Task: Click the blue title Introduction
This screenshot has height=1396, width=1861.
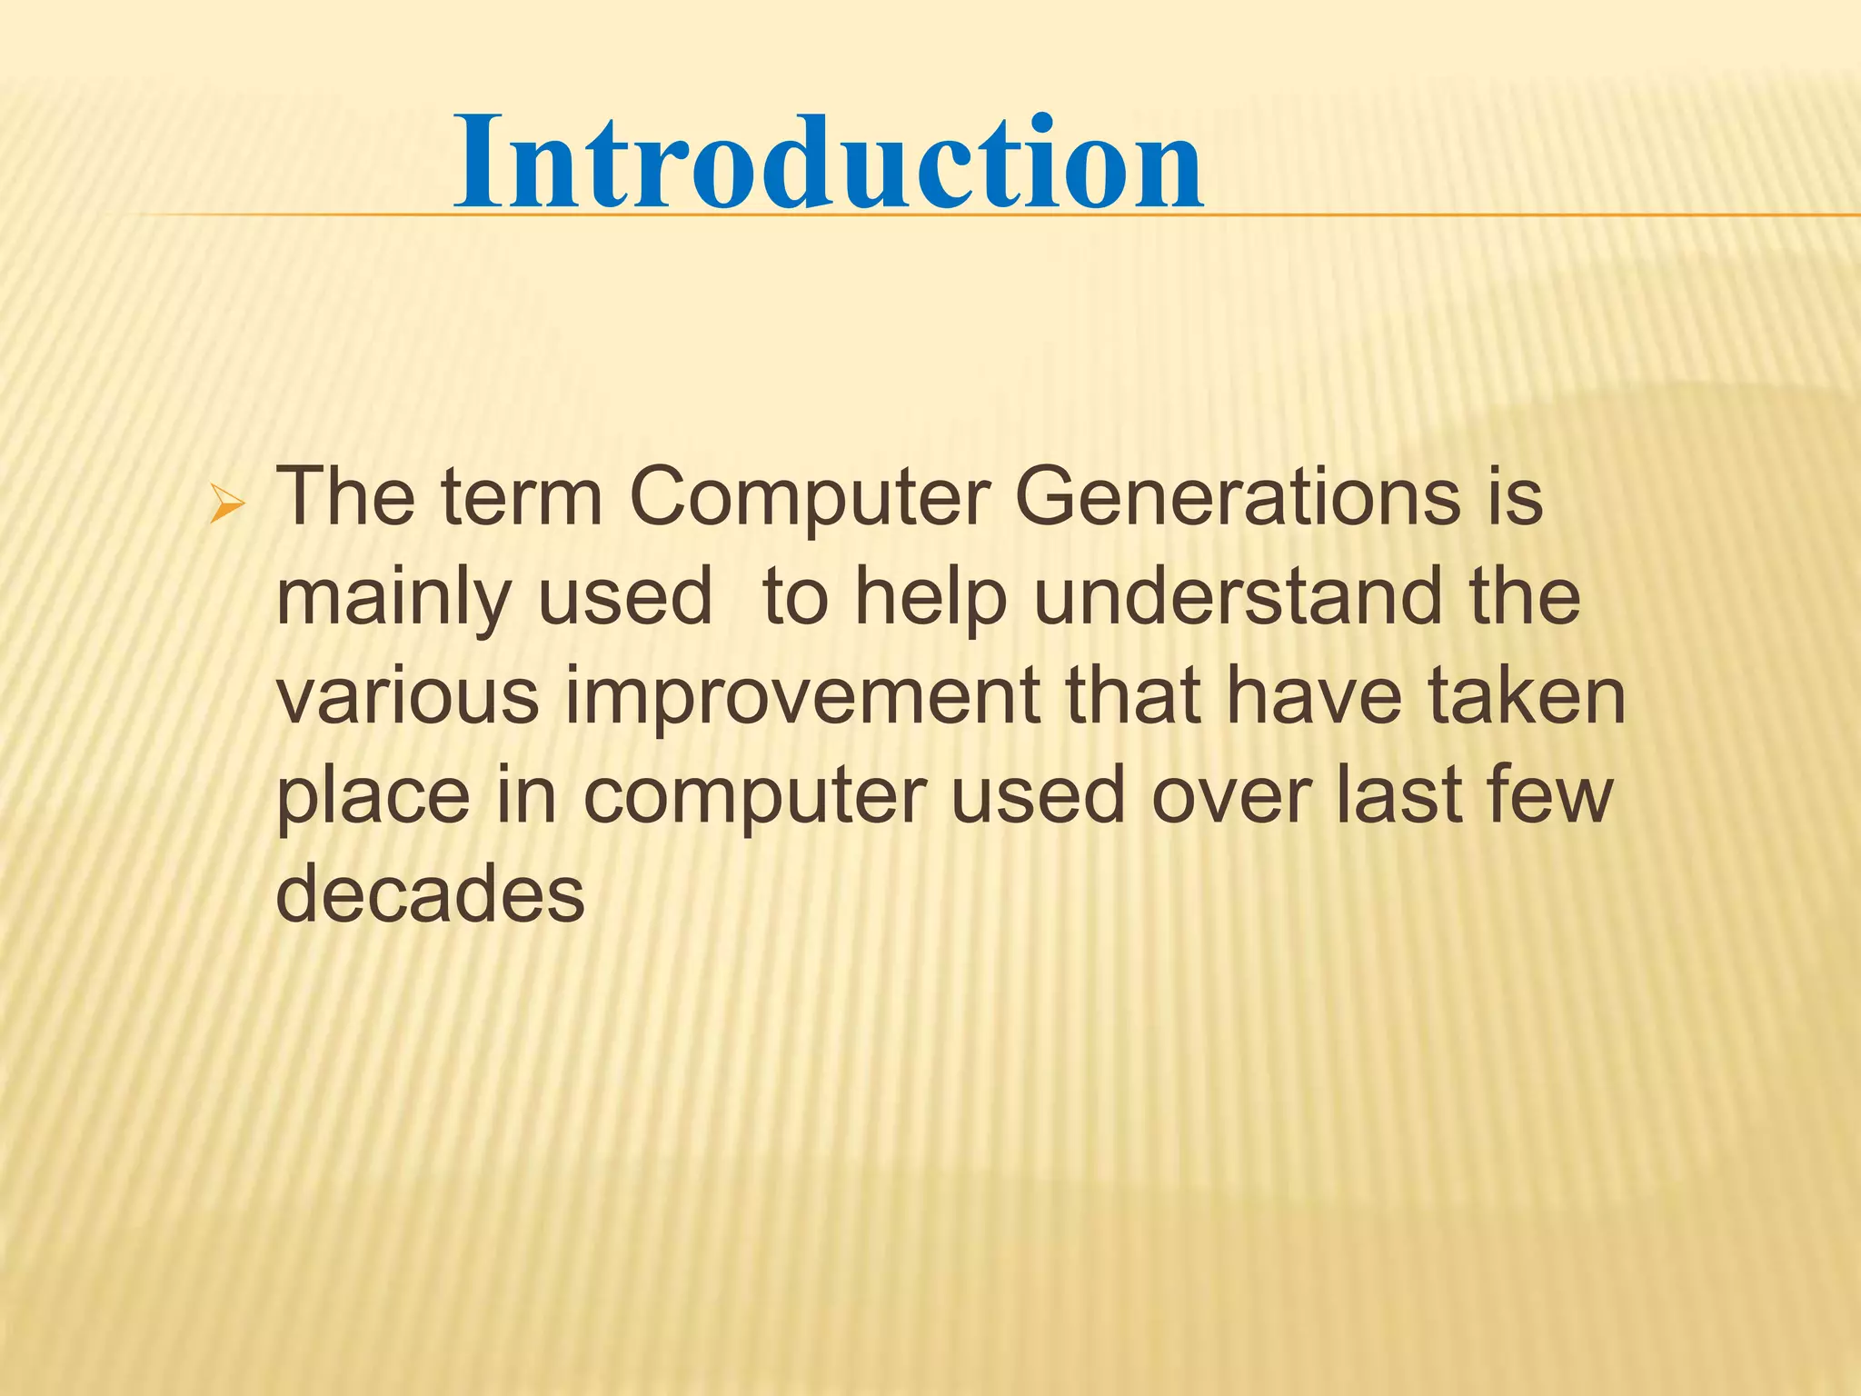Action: [829, 164]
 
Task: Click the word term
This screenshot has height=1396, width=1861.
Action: [522, 498]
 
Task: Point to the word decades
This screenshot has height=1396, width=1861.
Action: [430, 894]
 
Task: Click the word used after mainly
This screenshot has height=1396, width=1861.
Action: [624, 597]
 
